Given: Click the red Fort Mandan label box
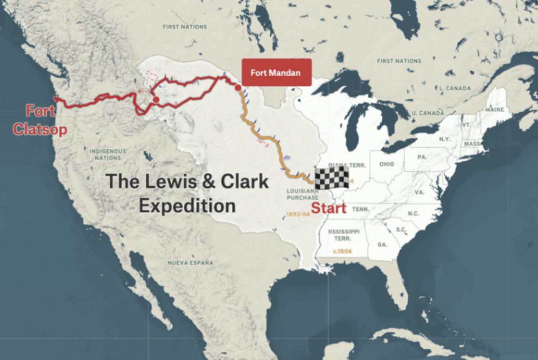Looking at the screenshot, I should pyautogui.click(x=276, y=72).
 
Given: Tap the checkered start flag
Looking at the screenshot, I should pyautogui.click(x=331, y=177).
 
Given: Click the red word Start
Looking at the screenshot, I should pyautogui.click(x=329, y=208).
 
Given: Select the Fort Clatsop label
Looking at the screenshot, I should pyautogui.click(x=40, y=120).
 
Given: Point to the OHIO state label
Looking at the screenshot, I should pyautogui.click(x=386, y=164).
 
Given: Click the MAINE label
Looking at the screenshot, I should pyautogui.click(x=494, y=110).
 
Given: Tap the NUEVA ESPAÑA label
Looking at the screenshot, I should pyautogui.click(x=190, y=263).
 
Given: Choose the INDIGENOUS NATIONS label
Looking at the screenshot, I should pyautogui.click(x=108, y=154).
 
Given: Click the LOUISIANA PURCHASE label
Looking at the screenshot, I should pyautogui.click(x=302, y=194).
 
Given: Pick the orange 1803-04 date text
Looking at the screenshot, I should pyautogui.click(x=298, y=214).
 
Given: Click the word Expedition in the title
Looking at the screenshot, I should pyautogui.click(x=187, y=206).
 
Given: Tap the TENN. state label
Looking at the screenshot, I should pyautogui.click(x=361, y=210).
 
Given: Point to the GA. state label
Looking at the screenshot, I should pyautogui.click(x=382, y=245).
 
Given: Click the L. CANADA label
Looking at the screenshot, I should pyautogui.click(x=455, y=88).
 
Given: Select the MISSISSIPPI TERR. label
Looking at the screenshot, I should pyautogui.click(x=344, y=235).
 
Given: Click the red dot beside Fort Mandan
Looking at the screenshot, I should pyautogui.click(x=238, y=88).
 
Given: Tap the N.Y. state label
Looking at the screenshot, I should pyautogui.click(x=444, y=139).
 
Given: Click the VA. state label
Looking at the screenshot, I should pyautogui.click(x=420, y=192).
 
